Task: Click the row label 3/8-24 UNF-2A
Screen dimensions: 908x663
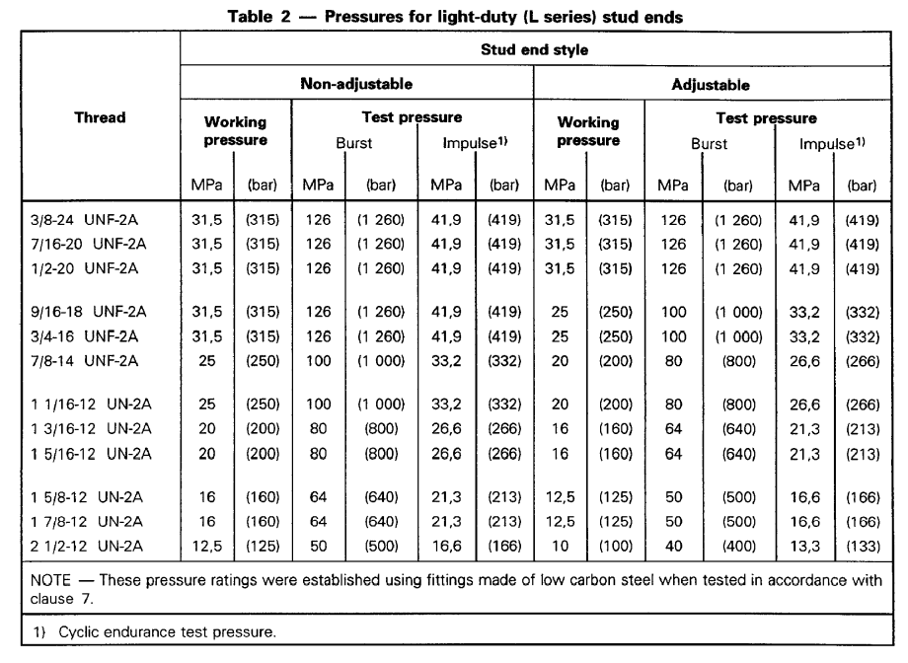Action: (x=85, y=220)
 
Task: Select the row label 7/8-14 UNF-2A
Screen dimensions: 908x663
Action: (x=85, y=361)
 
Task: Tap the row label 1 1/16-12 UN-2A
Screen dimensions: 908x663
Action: (x=91, y=405)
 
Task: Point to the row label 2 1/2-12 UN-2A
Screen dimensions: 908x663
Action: (x=87, y=546)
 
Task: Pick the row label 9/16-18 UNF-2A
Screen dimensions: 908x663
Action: (x=89, y=312)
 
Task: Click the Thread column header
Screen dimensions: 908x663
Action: (x=100, y=117)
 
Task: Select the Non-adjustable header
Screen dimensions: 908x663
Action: (x=356, y=84)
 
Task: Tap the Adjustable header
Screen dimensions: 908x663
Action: (x=711, y=85)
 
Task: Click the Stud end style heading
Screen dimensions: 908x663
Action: (x=535, y=49)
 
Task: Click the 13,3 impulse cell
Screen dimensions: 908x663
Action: (x=804, y=546)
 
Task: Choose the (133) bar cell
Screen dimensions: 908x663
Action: (x=863, y=546)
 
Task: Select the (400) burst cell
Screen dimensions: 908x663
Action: (x=738, y=546)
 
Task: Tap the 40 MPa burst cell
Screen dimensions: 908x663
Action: (x=673, y=546)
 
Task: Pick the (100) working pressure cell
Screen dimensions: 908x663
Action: (x=615, y=546)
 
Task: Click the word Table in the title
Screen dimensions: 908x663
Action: (x=250, y=16)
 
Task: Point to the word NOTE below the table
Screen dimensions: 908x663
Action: (x=50, y=580)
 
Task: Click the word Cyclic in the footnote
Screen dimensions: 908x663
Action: (x=79, y=631)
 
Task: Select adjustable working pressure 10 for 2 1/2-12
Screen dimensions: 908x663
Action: (x=560, y=546)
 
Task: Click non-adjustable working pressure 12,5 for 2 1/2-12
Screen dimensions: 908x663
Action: (x=206, y=546)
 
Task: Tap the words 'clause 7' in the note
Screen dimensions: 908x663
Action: (x=61, y=599)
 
